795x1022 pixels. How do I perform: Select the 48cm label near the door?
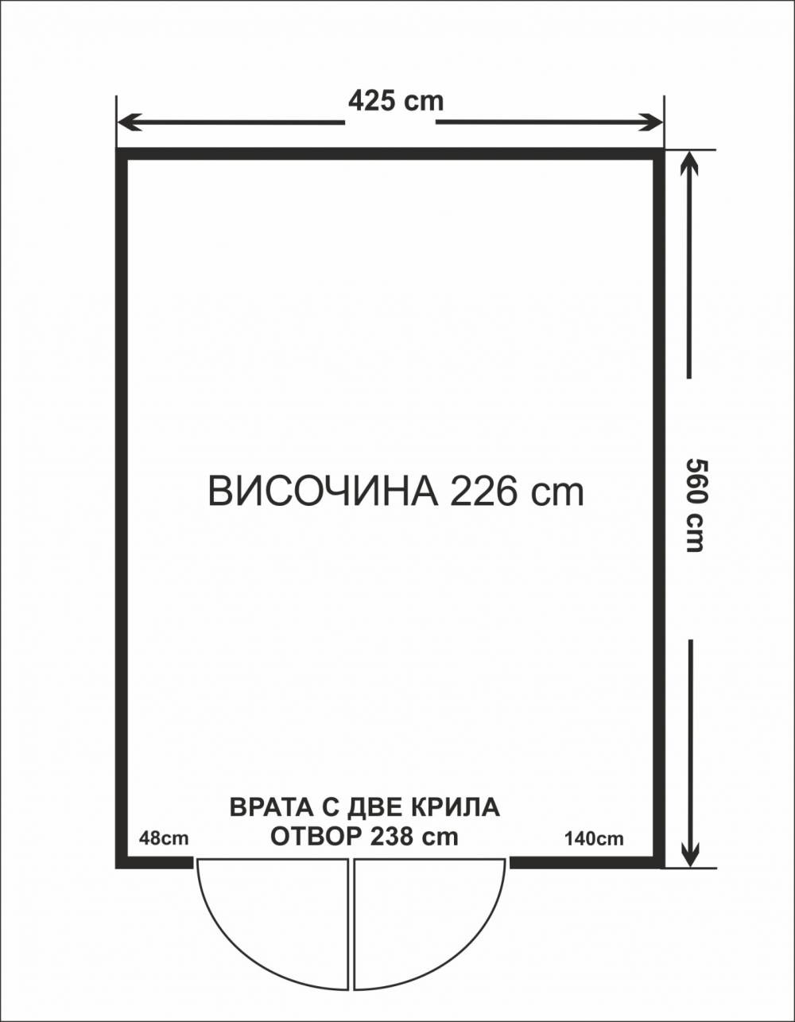click(164, 837)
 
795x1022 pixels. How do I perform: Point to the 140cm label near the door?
click(593, 837)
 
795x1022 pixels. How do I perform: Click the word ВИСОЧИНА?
click(323, 492)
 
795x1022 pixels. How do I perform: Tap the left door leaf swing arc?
click(238, 946)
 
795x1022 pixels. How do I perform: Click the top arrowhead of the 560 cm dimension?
click(689, 163)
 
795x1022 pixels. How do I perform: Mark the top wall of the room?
click(390, 154)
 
